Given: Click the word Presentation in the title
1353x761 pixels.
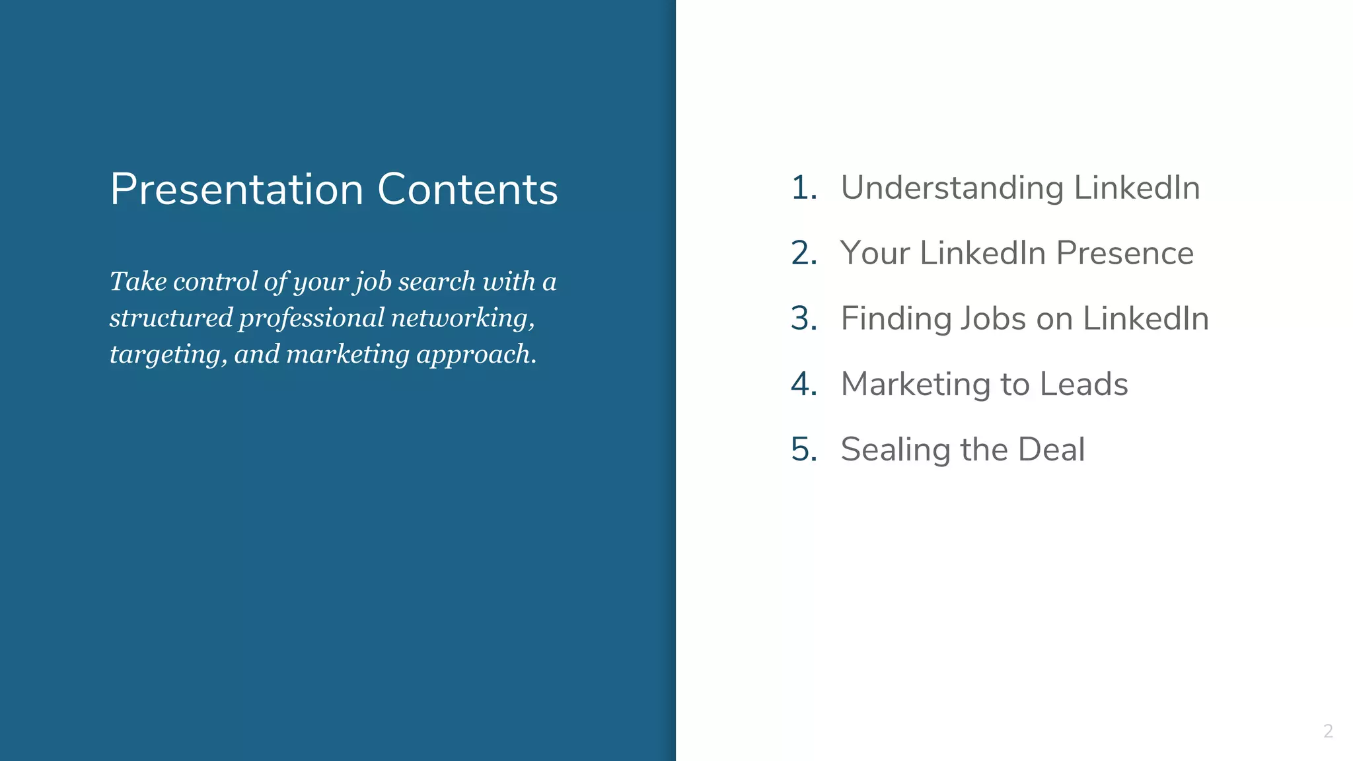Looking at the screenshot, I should [x=237, y=190].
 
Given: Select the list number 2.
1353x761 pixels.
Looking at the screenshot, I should [x=803, y=253].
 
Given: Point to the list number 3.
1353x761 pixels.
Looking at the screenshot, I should [x=803, y=318].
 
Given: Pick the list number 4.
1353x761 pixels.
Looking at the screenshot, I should [x=803, y=384].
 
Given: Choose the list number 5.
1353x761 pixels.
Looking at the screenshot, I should [x=803, y=449].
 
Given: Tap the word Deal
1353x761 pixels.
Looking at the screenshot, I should [x=1051, y=449].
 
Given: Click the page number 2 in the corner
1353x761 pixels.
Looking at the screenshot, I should [x=1328, y=731].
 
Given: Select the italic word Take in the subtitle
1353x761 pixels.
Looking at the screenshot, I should [x=137, y=281].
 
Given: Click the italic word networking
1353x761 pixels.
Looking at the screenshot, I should [x=462, y=318].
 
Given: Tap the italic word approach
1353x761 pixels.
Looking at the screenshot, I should [x=476, y=355].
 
